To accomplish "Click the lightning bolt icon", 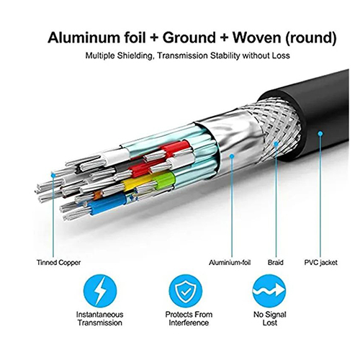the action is (100, 291).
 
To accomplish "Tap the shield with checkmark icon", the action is (185, 291).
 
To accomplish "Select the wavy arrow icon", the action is (269, 291).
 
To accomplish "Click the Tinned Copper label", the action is (58, 263).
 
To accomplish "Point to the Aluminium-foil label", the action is (230, 263).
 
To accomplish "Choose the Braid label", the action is (276, 263).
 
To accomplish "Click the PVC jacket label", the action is (320, 263).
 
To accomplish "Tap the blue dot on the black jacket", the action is (320, 133).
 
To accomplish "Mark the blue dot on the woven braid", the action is (276, 144).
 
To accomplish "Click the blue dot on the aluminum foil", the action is (232, 156).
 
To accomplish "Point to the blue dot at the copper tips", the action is (53, 176).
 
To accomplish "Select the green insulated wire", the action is (165, 180).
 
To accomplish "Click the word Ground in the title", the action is (189, 37).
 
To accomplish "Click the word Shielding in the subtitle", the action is (135, 55).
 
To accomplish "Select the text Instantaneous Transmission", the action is (100, 318).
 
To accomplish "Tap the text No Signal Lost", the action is (270, 318).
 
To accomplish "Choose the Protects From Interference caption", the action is (189, 318).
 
